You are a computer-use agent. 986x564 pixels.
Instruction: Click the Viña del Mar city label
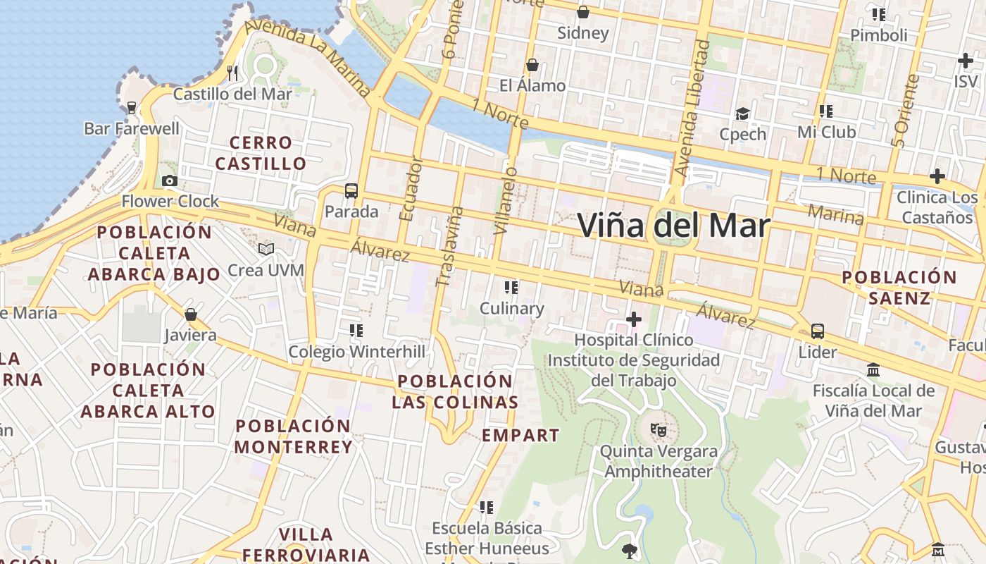[x=674, y=226]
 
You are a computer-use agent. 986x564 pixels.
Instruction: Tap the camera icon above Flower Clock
[x=170, y=181]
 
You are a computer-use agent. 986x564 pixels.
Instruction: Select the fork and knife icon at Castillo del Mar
[x=232, y=73]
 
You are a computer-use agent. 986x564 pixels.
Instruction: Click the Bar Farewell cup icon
[x=131, y=108]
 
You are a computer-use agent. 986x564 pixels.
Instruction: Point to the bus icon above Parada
[x=351, y=190]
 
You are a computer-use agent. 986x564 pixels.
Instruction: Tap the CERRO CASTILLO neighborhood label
[x=261, y=153]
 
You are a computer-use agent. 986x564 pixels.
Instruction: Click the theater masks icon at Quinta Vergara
[x=659, y=429]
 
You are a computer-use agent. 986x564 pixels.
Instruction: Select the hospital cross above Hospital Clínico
[x=634, y=319]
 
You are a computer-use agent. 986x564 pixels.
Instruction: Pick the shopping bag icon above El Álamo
[x=532, y=65]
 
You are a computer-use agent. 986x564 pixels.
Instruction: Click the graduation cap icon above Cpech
[x=742, y=114]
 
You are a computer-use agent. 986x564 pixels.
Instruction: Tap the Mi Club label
[x=826, y=132]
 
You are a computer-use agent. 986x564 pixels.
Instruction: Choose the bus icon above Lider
[x=818, y=331]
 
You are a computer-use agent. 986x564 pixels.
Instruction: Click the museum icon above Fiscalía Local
[x=873, y=369]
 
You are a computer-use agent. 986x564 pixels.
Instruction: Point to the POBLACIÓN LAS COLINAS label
[x=455, y=391]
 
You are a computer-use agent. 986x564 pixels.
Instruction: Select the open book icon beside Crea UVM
[x=266, y=250]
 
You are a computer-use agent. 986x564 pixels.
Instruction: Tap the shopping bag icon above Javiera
[x=190, y=314]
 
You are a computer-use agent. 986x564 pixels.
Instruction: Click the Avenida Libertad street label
[x=692, y=108]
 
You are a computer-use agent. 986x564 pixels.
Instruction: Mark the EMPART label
[x=520, y=435]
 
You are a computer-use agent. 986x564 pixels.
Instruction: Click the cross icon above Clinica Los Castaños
[x=937, y=176]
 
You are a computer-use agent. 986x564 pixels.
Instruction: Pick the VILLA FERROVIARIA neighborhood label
[x=306, y=544]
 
